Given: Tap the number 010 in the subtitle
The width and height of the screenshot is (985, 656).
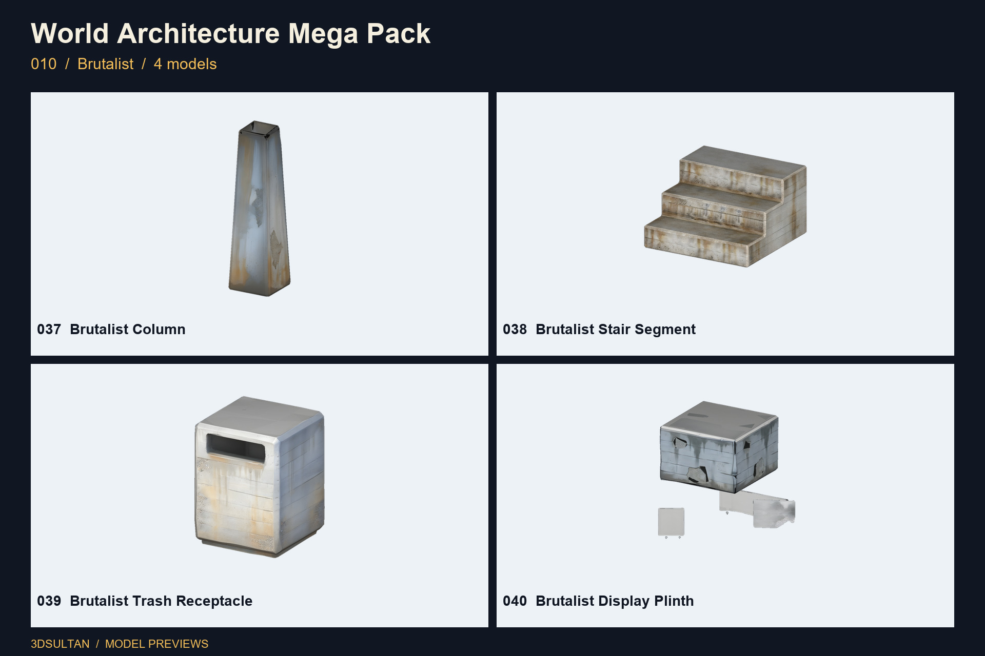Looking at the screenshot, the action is tap(44, 64).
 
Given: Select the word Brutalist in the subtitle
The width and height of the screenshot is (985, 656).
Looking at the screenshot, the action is tap(105, 64).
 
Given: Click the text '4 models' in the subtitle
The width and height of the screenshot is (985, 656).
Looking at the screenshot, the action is tap(185, 64).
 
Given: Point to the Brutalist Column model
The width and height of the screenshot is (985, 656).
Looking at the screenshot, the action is tap(259, 209).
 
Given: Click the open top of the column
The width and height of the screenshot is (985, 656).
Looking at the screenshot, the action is tap(259, 130).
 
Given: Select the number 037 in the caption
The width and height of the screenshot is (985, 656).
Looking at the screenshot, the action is tap(49, 330).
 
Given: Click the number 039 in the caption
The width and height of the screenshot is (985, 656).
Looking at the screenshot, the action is tap(49, 601).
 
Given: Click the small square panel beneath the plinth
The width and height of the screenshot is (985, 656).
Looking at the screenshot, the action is tap(671, 522).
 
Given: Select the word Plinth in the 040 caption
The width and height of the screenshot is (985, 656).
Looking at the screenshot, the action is tap(674, 601).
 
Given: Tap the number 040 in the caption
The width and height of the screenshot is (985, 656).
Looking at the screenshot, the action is tap(515, 601).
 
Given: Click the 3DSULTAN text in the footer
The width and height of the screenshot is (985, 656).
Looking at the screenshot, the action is tap(60, 644).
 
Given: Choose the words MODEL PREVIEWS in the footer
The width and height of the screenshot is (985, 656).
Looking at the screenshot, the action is tap(156, 644).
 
